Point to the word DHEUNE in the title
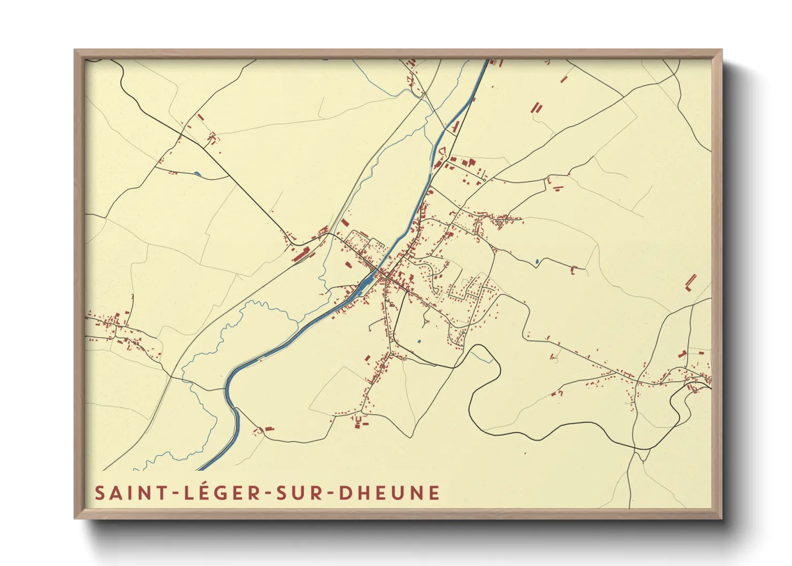click(x=390, y=493)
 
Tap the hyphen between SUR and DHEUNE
click(x=330, y=494)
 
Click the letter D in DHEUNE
click(x=346, y=493)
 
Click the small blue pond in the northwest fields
click(x=198, y=173)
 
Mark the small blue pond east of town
click(x=537, y=262)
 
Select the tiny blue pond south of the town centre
click(x=419, y=341)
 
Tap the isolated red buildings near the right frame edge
click(x=691, y=281)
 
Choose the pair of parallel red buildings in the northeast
click(x=536, y=108)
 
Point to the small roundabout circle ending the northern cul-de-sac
click(x=484, y=180)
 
